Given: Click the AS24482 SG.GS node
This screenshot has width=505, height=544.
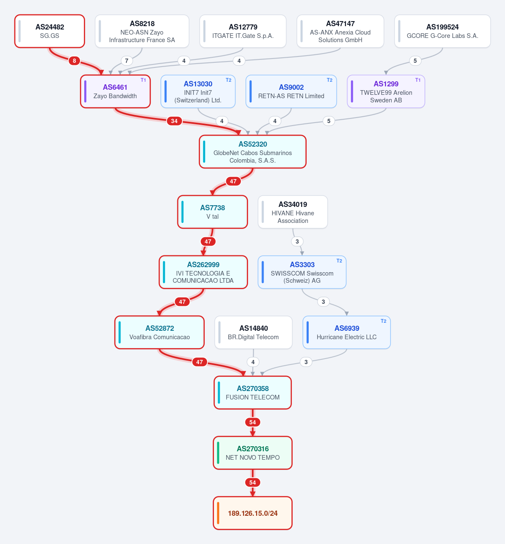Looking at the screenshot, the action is [50, 31].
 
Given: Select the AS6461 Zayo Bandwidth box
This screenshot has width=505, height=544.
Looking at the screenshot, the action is [115, 91].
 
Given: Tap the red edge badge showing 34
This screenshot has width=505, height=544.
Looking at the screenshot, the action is [174, 121].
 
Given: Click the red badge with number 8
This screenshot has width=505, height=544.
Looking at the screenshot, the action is [74, 61].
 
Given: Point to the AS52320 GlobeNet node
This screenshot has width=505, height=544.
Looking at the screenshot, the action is [253, 152].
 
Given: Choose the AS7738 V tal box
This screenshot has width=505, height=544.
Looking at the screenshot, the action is [213, 212].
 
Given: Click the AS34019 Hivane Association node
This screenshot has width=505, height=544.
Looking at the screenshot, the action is [293, 212].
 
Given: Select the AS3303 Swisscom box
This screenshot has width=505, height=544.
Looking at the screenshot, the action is [302, 272].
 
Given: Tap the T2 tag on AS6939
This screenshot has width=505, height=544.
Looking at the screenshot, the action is [383, 321].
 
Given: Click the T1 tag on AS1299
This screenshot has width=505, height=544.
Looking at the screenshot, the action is [418, 80].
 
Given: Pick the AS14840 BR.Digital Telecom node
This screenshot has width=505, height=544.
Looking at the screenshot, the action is [253, 332].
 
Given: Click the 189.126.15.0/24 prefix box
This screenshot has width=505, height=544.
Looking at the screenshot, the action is [253, 513].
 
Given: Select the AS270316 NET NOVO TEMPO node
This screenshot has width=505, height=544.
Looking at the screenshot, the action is [253, 453].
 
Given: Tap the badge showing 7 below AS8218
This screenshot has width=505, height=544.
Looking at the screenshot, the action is [126, 61].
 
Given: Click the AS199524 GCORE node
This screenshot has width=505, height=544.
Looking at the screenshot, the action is [442, 31].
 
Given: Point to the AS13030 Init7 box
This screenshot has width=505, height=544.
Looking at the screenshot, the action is [198, 91].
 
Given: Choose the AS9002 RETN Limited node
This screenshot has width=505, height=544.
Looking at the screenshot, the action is [291, 91].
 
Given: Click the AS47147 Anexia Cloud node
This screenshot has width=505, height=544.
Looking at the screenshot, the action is [340, 31].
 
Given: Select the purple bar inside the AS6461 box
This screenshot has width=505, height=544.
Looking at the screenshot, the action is [86, 91].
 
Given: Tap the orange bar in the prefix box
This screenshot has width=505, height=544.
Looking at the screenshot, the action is [218, 513].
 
